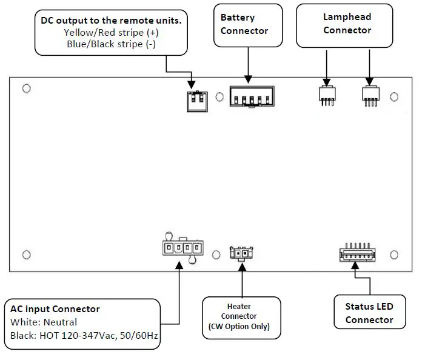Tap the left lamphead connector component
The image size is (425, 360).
[x=327, y=95]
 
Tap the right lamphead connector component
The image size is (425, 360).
[x=370, y=95]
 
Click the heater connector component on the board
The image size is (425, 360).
[x=242, y=252]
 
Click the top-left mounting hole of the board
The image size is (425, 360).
[x=26, y=89]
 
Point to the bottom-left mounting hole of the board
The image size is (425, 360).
[x=26, y=254]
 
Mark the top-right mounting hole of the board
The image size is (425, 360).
[x=394, y=97]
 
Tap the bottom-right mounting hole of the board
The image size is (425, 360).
[x=394, y=254]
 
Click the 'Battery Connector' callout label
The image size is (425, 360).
[x=248, y=24]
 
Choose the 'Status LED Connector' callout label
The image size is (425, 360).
[x=369, y=313]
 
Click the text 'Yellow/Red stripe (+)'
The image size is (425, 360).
[x=111, y=33]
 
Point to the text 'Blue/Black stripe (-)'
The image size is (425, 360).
[x=111, y=44]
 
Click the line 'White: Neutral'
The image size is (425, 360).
[x=44, y=322]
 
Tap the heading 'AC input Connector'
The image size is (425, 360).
[x=55, y=309]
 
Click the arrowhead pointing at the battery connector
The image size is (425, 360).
[x=247, y=79]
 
